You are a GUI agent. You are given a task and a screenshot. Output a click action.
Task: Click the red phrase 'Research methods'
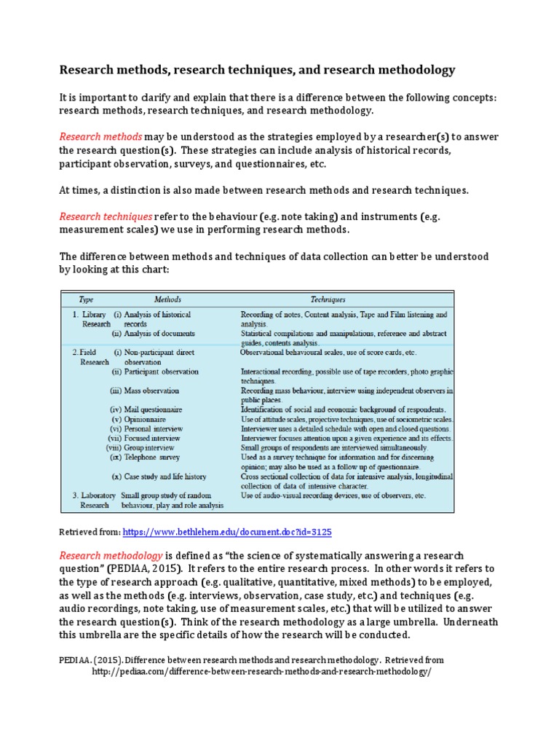click(100, 136)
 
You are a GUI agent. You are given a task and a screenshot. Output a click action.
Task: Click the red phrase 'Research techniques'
click(106, 216)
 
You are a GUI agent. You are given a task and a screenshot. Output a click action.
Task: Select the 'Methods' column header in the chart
click(167, 299)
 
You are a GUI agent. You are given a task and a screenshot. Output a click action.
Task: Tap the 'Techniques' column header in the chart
click(328, 299)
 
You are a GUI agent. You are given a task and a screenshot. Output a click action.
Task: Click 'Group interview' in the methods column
click(152, 448)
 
